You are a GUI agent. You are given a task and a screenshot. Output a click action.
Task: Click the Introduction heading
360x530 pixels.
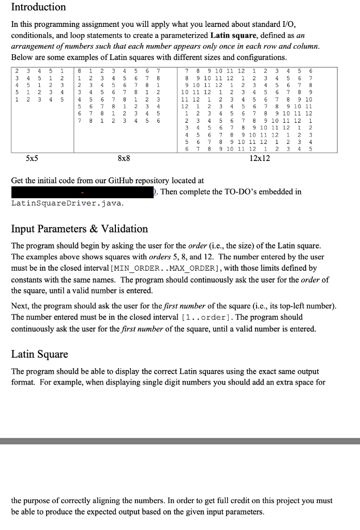38,7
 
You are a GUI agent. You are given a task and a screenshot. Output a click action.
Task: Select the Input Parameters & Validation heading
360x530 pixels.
79,229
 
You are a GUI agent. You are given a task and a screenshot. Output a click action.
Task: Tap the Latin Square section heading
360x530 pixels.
39,355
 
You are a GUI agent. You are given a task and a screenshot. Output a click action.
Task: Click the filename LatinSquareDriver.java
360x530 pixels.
67,203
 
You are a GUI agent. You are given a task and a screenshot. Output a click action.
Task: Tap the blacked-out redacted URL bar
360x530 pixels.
83,192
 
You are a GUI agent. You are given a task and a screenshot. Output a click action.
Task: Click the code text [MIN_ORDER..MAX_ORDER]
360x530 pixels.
159,268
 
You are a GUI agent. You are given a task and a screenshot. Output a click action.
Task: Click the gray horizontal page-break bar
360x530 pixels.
180,441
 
